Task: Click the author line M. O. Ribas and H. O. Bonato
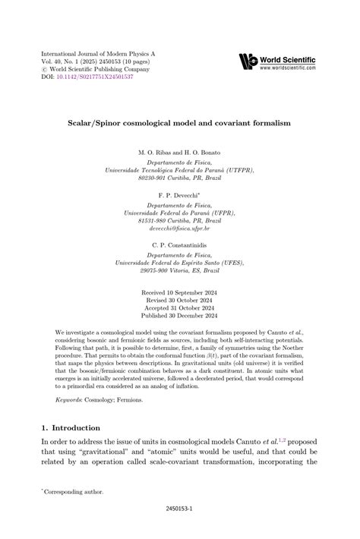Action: coord(179,153)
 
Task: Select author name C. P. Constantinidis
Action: coord(179,246)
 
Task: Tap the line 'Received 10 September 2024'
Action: coord(179,292)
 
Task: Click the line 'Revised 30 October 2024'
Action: coord(179,300)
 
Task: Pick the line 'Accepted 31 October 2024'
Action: coord(179,308)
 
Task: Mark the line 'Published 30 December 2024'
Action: coord(179,316)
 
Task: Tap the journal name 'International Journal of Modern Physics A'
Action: coord(98,54)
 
